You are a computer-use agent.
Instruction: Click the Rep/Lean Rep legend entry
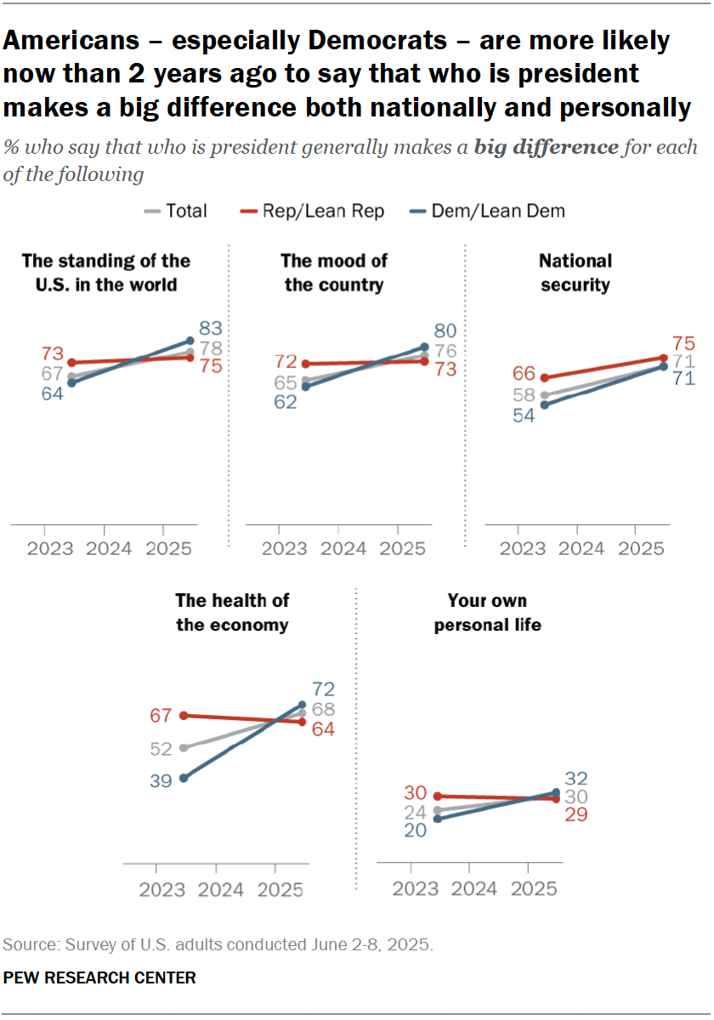click(314, 211)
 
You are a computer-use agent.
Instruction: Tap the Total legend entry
click(176, 211)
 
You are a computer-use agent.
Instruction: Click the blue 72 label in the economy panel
click(322, 689)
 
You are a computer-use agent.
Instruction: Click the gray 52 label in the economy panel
click(161, 749)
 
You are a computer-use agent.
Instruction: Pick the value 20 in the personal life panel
click(416, 830)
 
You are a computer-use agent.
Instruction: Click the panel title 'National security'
click(575, 272)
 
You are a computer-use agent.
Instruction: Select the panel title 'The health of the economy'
click(232, 612)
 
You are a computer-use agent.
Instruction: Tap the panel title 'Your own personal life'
click(487, 612)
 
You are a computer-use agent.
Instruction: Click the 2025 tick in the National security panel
click(634, 548)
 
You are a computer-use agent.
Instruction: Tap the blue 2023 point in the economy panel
click(183, 777)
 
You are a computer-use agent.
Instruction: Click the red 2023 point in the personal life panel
click(438, 796)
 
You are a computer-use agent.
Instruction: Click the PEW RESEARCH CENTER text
click(99, 977)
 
